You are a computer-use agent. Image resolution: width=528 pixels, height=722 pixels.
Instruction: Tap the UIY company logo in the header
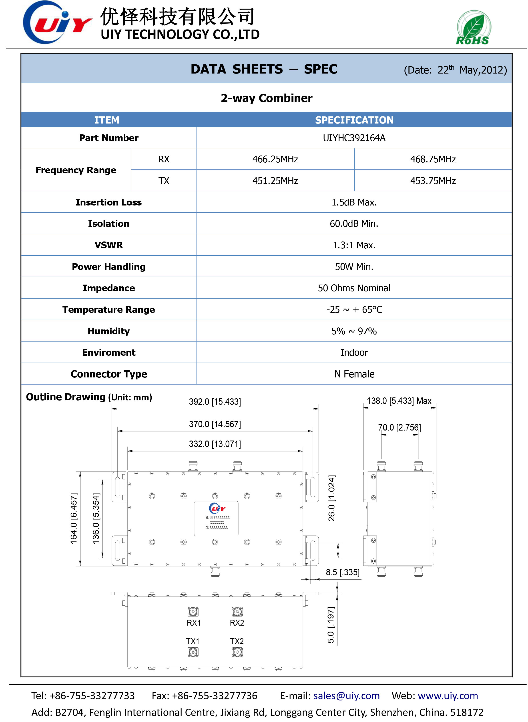[x=57, y=22]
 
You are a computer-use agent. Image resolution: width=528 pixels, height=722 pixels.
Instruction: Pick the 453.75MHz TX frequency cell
[x=433, y=181]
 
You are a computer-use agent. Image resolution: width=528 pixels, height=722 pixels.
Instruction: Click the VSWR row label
[x=109, y=245]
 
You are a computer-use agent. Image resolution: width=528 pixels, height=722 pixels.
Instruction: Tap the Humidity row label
[x=109, y=331]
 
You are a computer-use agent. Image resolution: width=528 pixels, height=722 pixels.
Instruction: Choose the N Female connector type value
[x=354, y=374]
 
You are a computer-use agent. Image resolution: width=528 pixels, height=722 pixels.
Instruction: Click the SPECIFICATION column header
[x=354, y=120]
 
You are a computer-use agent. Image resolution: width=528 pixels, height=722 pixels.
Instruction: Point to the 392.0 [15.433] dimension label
[x=215, y=402]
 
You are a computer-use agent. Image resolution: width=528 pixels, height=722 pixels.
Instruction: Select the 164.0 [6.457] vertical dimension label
[x=74, y=518]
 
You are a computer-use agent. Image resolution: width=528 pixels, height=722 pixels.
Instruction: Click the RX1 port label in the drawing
[x=193, y=623]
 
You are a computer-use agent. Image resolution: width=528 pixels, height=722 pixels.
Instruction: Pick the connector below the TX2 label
[x=237, y=652]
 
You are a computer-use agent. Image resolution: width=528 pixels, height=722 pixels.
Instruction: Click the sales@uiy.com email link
[x=346, y=696]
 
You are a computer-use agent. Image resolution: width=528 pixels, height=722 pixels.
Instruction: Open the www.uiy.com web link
[x=448, y=696]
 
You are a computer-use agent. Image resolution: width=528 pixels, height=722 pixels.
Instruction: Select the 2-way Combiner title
[x=266, y=98]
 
